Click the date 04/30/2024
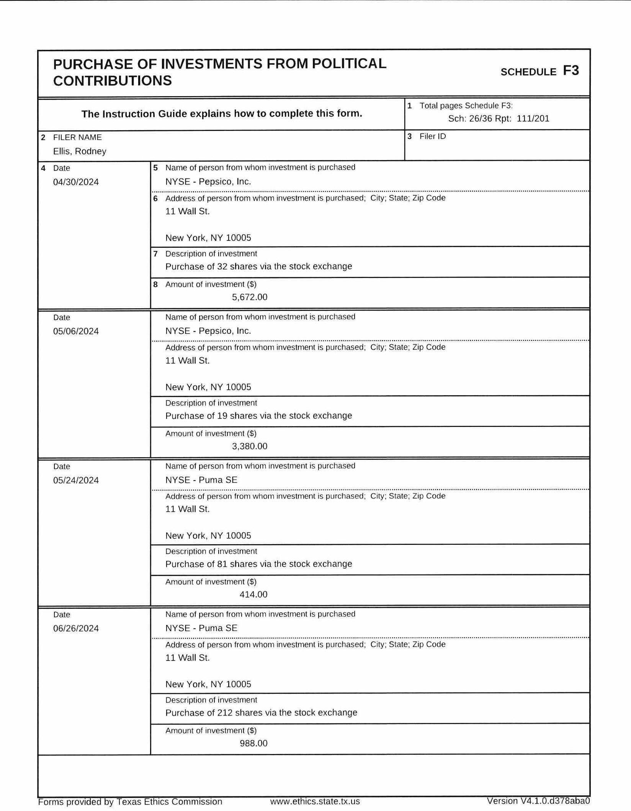(x=76, y=182)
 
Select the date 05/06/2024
(x=76, y=331)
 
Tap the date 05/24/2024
(x=76, y=480)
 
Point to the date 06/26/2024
(x=76, y=628)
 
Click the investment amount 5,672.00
(x=250, y=297)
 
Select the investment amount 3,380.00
(x=250, y=446)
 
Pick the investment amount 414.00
(x=253, y=594)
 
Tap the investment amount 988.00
(x=253, y=743)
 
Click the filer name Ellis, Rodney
(x=80, y=151)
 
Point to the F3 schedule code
(x=571, y=71)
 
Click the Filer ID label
(x=433, y=136)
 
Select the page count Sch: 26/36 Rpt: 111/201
(x=499, y=118)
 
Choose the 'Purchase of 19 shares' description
(x=258, y=415)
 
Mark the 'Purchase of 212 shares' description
(x=261, y=713)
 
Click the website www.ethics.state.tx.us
(x=315, y=801)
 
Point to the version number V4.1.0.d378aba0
(x=538, y=801)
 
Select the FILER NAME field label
(x=77, y=137)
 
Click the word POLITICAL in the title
(x=349, y=64)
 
